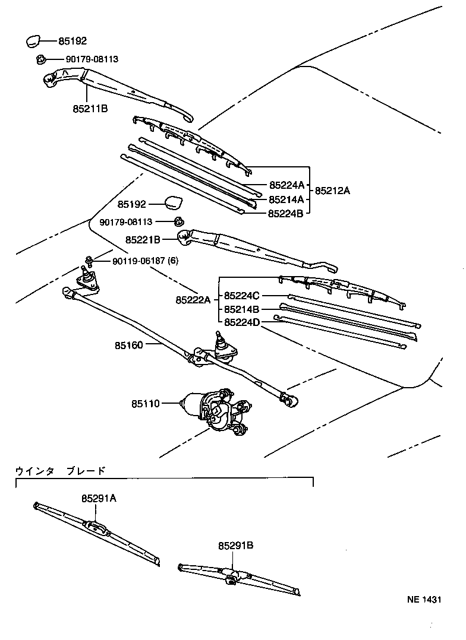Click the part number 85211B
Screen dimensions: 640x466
pos(90,109)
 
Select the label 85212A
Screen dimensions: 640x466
pos(332,191)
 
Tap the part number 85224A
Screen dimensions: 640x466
pos(286,185)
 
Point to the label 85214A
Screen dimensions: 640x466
pos(286,199)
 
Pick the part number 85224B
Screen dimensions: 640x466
pos(286,214)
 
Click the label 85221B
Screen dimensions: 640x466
pos(143,240)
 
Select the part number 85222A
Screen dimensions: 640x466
pos(193,300)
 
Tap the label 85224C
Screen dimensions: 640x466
pos(242,295)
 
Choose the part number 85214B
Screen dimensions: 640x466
pos(242,309)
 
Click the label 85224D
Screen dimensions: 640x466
pos(242,322)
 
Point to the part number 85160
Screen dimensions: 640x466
pos(129,344)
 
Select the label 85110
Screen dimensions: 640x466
pos(146,403)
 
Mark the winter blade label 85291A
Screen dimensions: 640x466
pos(99,499)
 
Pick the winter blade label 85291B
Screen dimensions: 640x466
pos(235,545)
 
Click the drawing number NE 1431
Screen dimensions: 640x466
pos(424,600)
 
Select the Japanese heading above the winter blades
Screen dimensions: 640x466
pos(60,471)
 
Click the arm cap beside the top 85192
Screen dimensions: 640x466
pos(32,42)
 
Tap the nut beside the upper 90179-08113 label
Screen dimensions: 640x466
pos(40,59)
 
